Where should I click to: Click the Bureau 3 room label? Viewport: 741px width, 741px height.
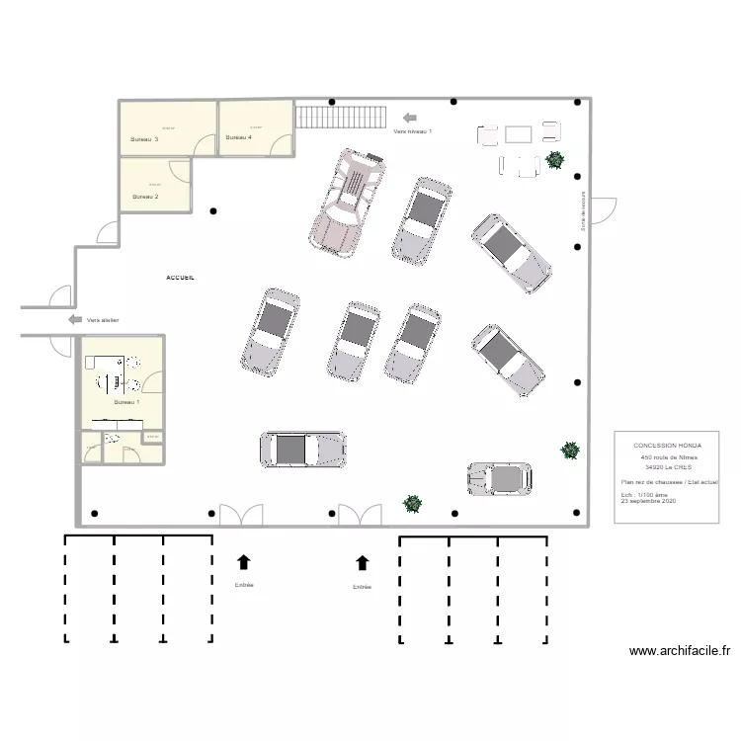pos(144,139)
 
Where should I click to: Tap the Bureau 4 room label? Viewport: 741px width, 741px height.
pos(238,137)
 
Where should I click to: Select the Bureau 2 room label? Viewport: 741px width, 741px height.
pos(145,197)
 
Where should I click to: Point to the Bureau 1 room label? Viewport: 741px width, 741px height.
pos(126,402)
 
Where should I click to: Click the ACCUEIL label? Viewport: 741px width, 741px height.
pos(180,279)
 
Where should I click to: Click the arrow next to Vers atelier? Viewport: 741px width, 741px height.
pos(75,319)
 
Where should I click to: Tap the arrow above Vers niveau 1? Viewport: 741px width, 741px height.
pos(410,117)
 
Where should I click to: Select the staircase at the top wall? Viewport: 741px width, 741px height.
pos(340,117)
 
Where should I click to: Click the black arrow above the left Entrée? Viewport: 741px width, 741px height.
pos(243,562)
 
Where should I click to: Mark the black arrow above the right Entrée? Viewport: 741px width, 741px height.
pos(363,562)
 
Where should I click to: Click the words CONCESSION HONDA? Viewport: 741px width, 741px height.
pos(667,446)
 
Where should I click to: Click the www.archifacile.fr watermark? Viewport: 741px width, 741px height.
pos(679,651)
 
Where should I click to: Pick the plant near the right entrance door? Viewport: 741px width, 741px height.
pos(412,503)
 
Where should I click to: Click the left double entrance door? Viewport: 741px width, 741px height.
pos(241,515)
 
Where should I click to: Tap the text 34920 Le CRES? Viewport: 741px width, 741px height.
pos(668,467)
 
